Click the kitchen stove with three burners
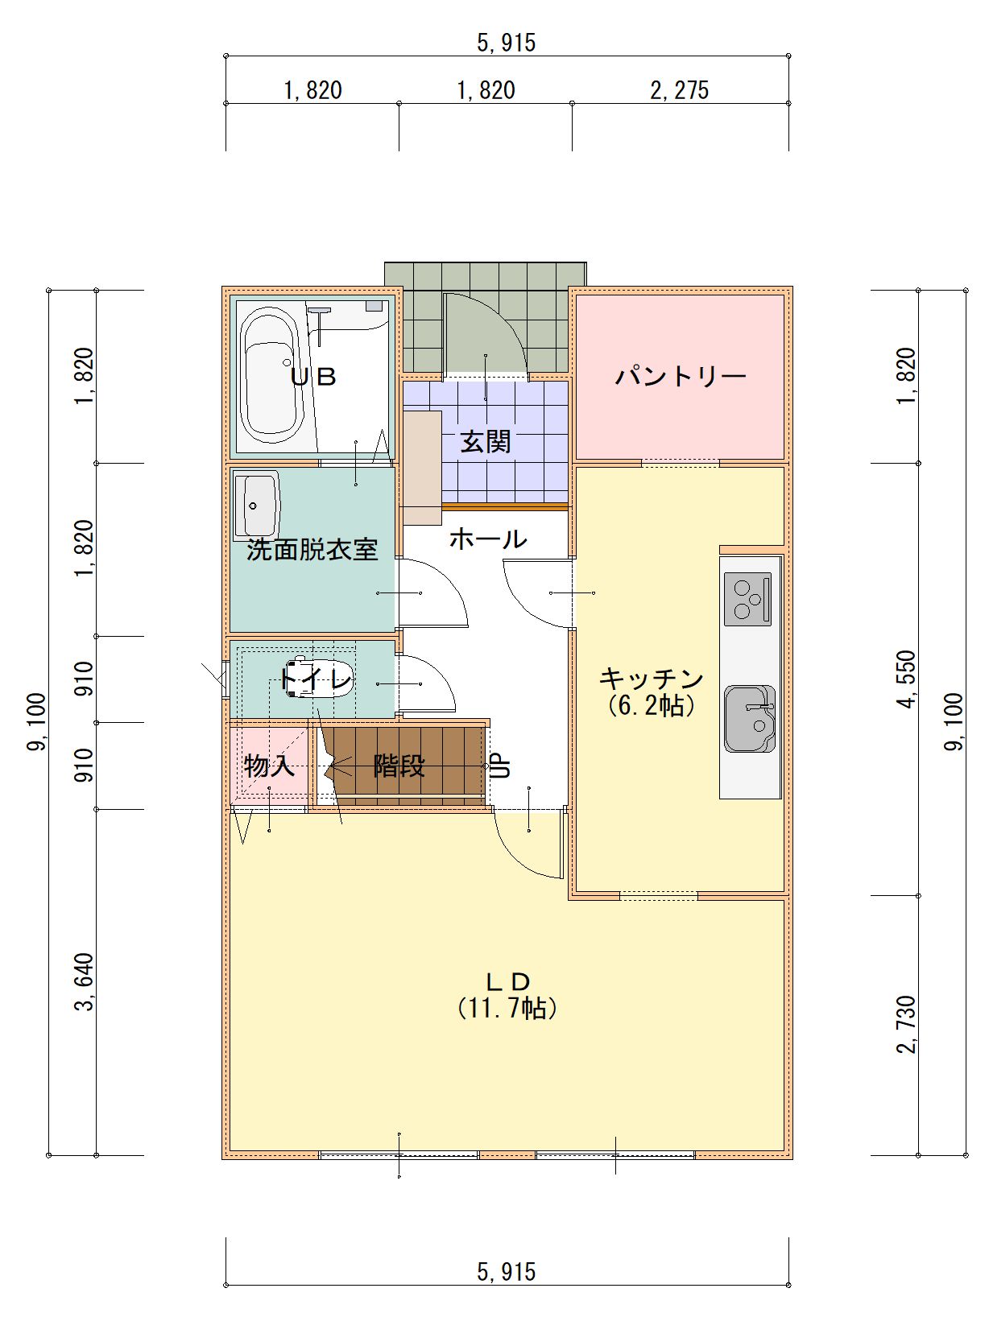[747, 599]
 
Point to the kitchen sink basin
[750, 718]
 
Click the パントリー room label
[680, 377]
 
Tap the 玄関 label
[486, 442]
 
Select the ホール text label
[488, 539]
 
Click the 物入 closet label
[269, 766]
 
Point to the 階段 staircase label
[399, 766]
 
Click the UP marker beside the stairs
[500, 766]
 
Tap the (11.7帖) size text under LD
[507, 1009]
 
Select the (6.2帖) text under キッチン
[652, 706]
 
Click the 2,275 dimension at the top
[680, 90]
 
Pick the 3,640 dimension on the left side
[85, 981]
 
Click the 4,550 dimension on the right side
[908, 679]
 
